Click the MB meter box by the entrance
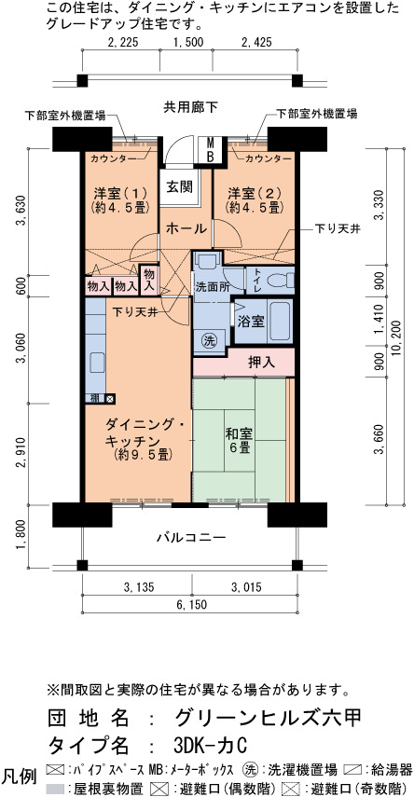(x=210, y=149)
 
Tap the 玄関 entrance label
(x=180, y=187)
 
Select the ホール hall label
(x=186, y=229)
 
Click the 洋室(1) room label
(x=119, y=194)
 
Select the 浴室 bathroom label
(x=250, y=322)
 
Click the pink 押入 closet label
(x=261, y=363)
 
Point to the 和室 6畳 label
(x=239, y=440)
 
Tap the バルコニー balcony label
(x=191, y=537)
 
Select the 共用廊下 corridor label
(x=190, y=107)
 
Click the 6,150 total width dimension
(x=191, y=604)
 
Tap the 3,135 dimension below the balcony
(x=138, y=588)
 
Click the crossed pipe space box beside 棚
(x=110, y=399)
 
